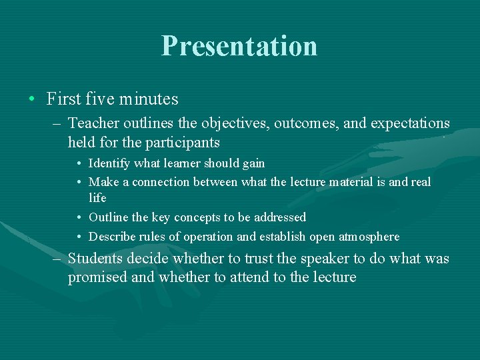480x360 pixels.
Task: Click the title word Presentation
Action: (239, 46)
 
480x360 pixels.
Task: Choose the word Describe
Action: (111, 237)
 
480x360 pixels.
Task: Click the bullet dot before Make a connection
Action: (79, 183)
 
